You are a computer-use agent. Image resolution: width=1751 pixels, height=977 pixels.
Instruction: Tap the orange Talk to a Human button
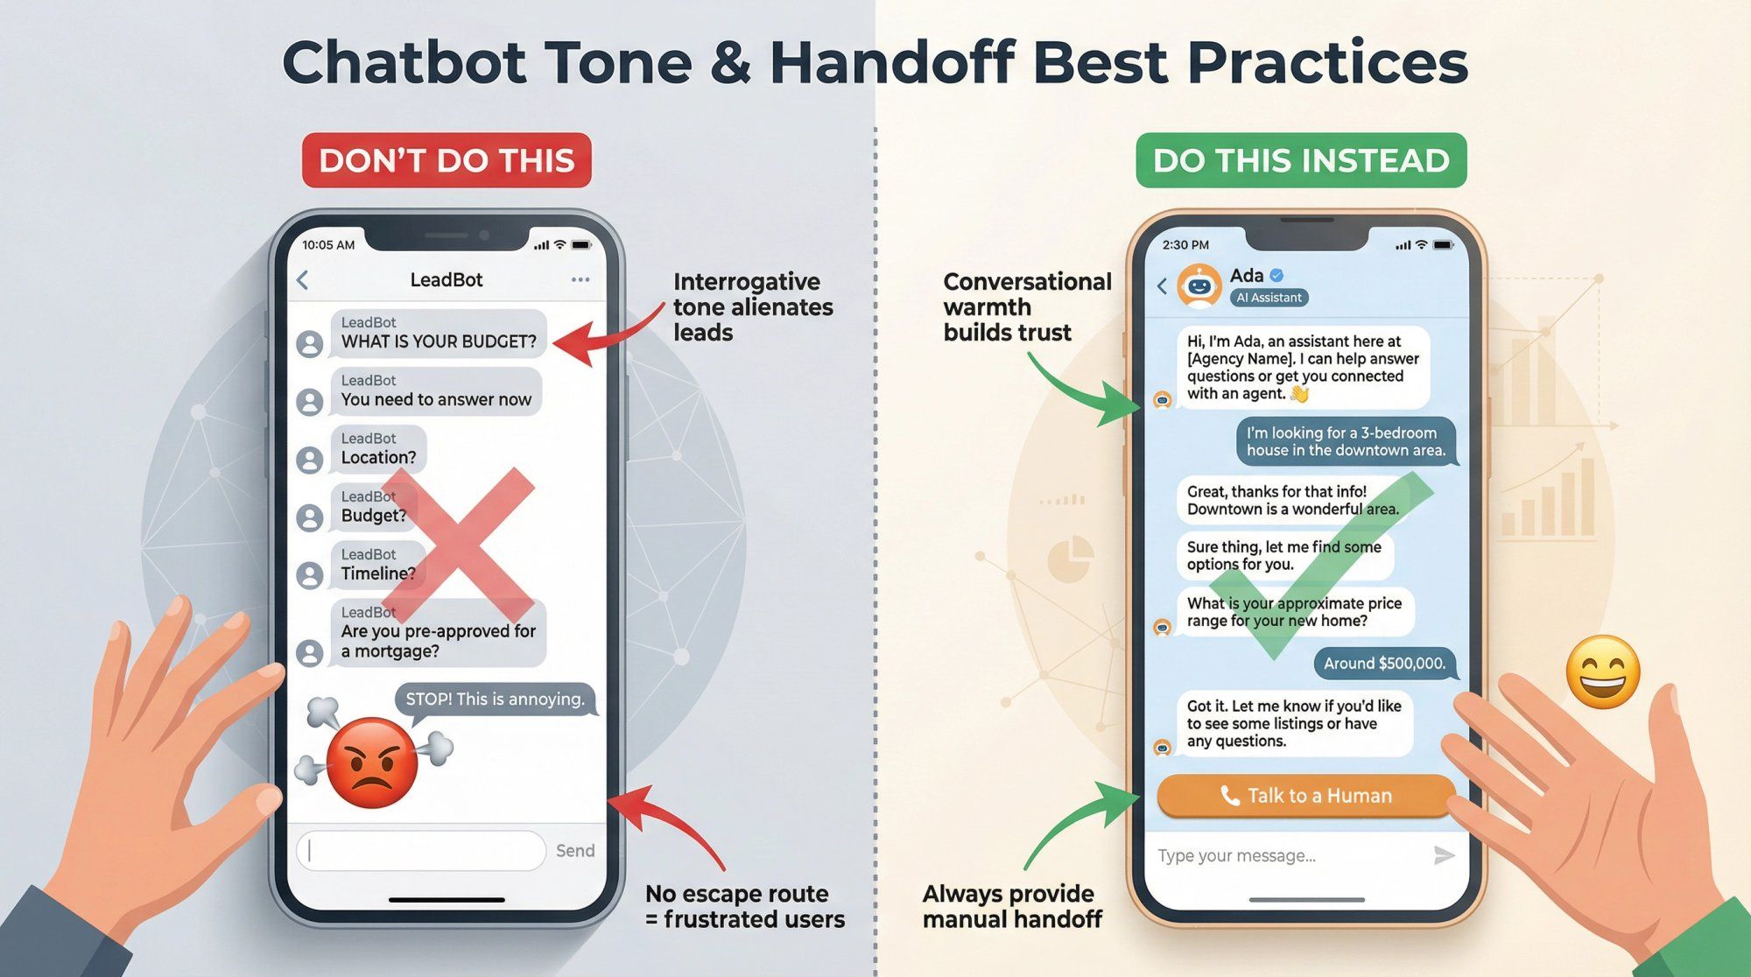coord(1305,796)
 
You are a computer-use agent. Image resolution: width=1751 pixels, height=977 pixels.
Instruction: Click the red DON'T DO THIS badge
coord(447,160)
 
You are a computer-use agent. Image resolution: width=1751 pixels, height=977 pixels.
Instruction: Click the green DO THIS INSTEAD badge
coord(1301,160)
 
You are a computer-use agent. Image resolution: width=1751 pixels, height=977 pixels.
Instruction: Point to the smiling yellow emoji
coord(1602,671)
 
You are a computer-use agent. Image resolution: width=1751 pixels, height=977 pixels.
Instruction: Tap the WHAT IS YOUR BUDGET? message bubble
coord(439,334)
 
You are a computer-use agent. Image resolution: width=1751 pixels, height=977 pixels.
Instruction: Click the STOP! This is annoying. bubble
coord(495,699)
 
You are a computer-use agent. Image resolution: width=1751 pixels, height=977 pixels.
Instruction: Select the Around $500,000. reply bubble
coord(1384,664)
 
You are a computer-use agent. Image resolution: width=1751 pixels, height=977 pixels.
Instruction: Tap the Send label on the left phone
coord(575,851)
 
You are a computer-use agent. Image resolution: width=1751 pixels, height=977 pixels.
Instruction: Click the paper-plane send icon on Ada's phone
coord(1444,855)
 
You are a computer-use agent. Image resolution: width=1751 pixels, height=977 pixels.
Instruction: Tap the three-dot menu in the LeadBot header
coord(580,280)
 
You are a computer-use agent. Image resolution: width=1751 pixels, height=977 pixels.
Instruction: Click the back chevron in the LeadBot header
coord(303,280)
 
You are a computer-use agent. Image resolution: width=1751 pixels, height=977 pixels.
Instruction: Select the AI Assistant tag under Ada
coord(1269,298)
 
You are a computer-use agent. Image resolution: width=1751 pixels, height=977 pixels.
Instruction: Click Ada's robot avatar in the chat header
coord(1199,285)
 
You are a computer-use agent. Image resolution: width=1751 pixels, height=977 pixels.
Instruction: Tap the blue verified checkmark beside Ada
coord(1276,275)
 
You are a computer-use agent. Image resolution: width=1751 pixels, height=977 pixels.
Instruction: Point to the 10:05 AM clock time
coord(328,245)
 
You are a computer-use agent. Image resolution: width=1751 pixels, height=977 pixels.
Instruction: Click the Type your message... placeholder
coord(1236,855)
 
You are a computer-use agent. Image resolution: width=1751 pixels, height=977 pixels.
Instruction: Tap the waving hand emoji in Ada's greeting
coord(1300,394)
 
